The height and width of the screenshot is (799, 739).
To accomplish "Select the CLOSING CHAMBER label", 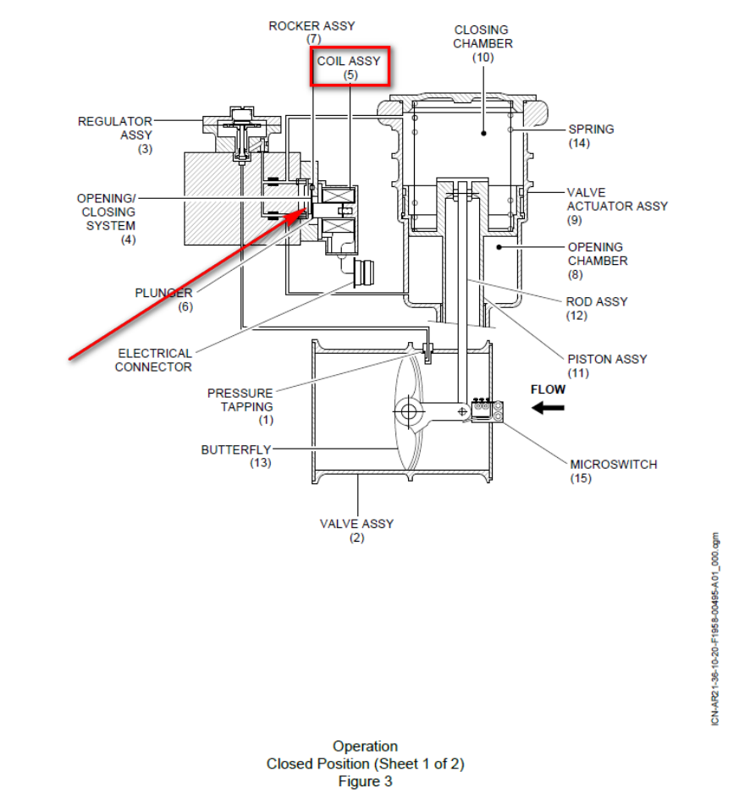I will point(483,37).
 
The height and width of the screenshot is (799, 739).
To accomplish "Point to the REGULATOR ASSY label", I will point(115,128).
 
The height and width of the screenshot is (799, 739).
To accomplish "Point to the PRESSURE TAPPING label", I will point(240,399).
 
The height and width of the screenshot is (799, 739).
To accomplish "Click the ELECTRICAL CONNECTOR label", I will point(154,360).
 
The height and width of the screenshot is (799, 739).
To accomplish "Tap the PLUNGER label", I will point(163,293).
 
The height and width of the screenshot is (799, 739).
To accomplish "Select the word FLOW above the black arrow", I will point(548,389).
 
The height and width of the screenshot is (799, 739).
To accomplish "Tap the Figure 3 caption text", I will point(365,781).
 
